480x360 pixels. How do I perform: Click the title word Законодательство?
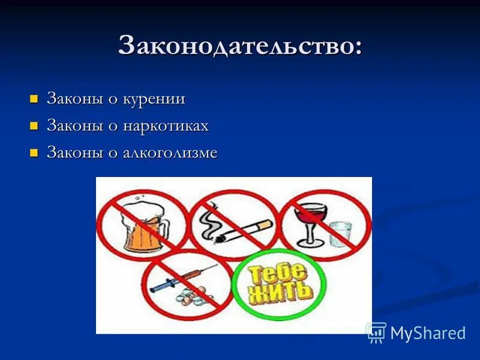tap(240, 46)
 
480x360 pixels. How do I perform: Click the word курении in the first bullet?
tap(154, 99)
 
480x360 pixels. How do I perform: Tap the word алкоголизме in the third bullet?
tap(170, 153)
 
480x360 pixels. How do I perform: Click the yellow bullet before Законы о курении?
tap(34, 98)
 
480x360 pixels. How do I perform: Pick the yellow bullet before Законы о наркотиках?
tap(34, 125)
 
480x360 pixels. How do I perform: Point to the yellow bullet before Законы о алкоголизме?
tap(34, 152)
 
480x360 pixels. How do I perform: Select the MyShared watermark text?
tap(427, 333)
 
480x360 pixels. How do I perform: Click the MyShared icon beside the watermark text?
tap(376, 332)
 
